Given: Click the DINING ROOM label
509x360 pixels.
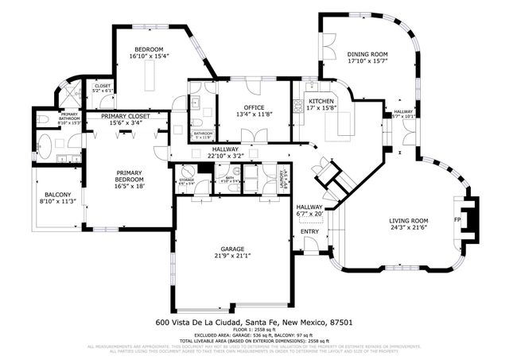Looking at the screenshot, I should [x=367, y=55].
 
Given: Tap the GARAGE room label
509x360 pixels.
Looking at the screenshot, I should [x=232, y=248].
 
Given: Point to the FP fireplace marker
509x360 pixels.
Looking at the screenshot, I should [x=457, y=219].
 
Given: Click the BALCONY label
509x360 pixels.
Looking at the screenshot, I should [x=57, y=195].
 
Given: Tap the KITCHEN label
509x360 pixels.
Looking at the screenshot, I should [x=322, y=101].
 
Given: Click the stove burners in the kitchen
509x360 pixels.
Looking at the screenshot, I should [x=299, y=103].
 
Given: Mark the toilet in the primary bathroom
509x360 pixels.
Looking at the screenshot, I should [x=44, y=120].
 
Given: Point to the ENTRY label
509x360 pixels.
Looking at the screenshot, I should [x=309, y=231].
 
